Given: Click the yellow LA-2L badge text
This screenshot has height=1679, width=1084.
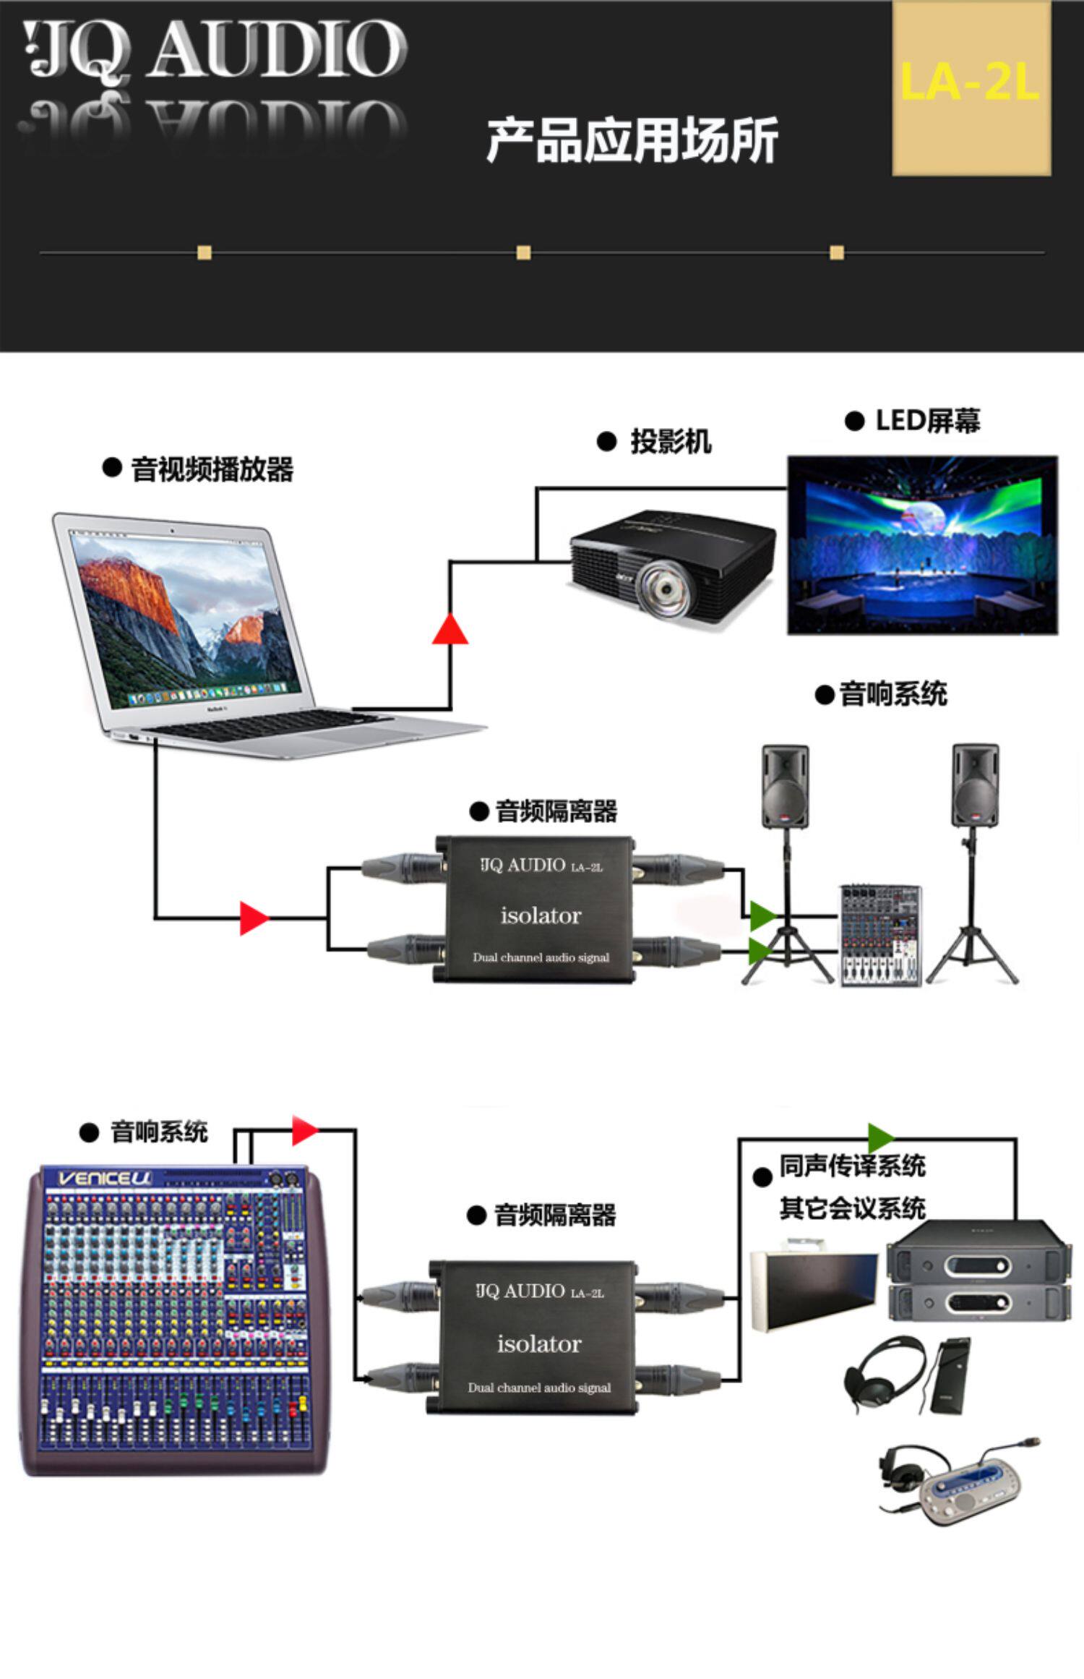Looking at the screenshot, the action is tap(970, 82).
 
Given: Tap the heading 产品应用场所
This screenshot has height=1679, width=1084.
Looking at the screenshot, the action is tap(632, 140).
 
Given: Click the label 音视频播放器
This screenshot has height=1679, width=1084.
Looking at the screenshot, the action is tap(211, 469).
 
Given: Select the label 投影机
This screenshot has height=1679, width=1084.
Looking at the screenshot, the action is tap(670, 441).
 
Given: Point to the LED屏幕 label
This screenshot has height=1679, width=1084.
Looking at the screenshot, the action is tap(927, 421).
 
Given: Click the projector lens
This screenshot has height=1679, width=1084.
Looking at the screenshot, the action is tap(663, 591).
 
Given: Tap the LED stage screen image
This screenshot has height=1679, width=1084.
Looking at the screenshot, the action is tap(922, 544).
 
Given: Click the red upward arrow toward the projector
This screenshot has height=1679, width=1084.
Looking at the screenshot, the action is tap(449, 629).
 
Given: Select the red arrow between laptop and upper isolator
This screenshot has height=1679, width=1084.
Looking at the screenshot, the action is tap(253, 918).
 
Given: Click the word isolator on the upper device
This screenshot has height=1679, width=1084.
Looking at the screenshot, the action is tap(541, 915).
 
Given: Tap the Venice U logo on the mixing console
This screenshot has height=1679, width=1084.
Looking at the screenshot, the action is tap(105, 1178).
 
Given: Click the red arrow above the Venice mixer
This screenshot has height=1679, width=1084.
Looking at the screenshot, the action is tap(304, 1130).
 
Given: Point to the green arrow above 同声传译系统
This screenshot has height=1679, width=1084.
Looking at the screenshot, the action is tap(880, 1138).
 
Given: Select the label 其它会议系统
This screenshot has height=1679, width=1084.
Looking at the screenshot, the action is tap(852, 1208).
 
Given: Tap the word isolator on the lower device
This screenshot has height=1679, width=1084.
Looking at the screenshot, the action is tap(539, 1343).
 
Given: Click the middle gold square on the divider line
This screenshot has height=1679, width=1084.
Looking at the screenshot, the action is tap(523, 252).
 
